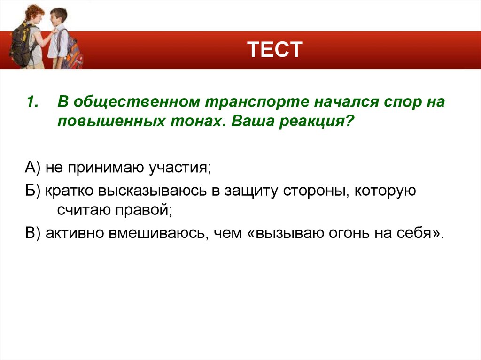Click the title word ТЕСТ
click(x=274, y=50)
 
